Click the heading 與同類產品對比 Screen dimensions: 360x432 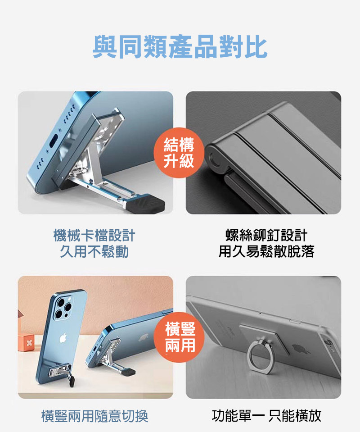[x=180, y=47]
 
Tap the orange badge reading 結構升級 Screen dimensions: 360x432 [x=179, y=153]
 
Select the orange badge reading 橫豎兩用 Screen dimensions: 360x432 [x=180, y=337]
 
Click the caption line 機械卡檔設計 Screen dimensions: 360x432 [x=94, y=236]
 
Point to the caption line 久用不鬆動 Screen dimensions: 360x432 [x=94, y=251]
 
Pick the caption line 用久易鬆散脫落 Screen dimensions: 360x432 [x=266, y=251]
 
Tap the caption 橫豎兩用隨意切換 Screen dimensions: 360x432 [x=94, y=416]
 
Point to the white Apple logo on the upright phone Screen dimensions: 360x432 [x=63, y=337]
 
